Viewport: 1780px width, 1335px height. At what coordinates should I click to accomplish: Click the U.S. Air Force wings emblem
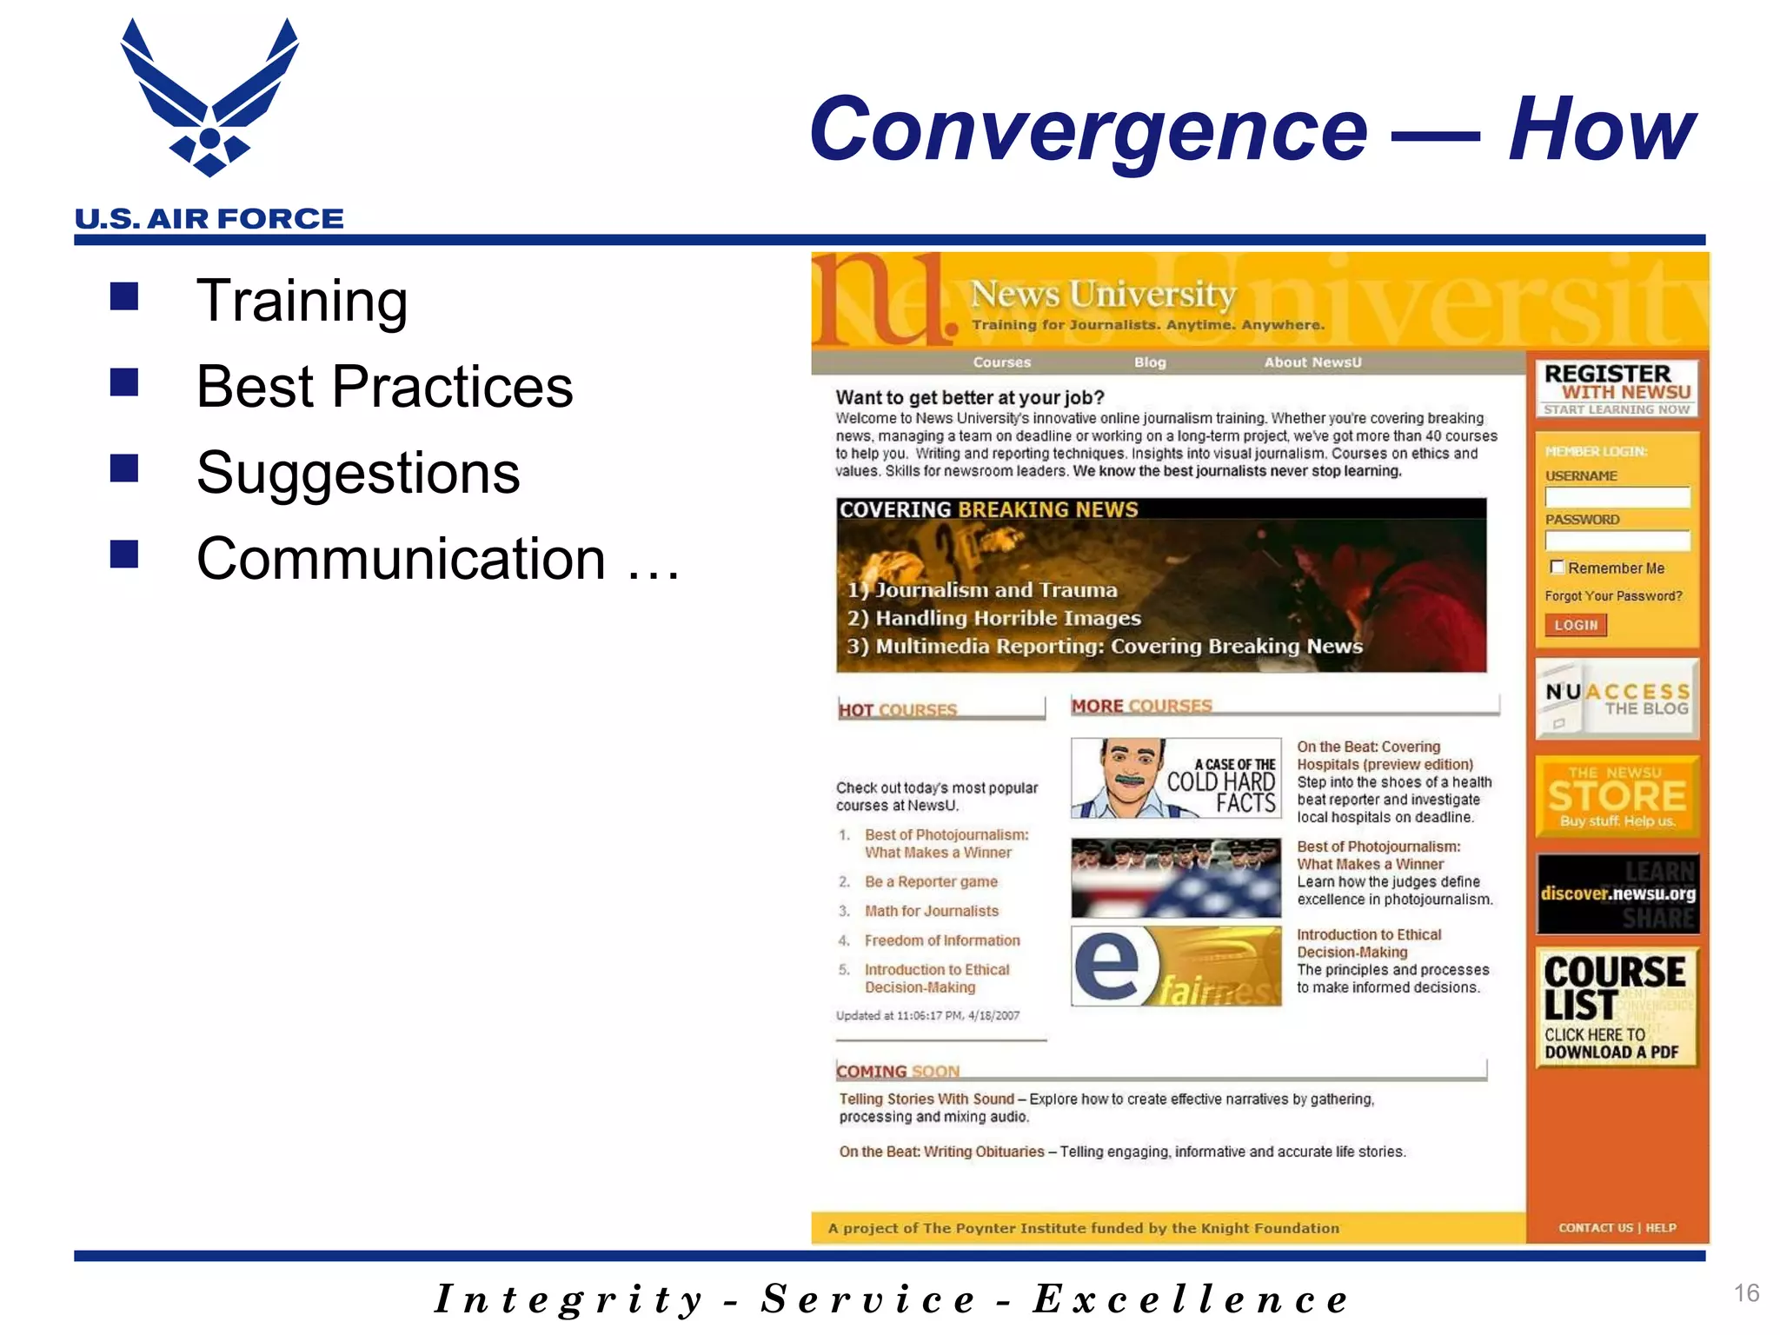pos(209,97)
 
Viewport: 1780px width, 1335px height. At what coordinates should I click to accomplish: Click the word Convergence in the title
pos(1088,130)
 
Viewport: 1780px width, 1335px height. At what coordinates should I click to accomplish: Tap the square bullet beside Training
pos(124,296)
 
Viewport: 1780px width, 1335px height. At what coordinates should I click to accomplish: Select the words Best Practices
pos(384,387)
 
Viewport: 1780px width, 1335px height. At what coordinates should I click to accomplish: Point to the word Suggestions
pos(358,473)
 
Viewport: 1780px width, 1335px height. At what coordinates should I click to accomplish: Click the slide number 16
pos(1746,1292)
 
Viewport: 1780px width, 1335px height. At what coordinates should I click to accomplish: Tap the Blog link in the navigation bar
pos(1149,362)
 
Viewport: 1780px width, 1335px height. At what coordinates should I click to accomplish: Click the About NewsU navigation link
pos(1312,362)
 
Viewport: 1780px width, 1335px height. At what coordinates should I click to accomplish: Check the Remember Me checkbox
pos(1557,567)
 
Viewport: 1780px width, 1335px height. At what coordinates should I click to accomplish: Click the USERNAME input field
pos(1617,497)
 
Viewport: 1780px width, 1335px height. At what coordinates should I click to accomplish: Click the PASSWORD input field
pos(1617,541)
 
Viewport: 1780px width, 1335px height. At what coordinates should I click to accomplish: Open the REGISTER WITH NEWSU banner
pos(1617,389)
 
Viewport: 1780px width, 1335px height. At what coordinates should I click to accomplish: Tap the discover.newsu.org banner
pos(1617,893)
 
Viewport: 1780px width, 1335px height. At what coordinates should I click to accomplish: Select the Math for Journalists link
pos(931,911)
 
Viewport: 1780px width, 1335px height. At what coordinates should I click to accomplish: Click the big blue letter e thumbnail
pos(1107,965)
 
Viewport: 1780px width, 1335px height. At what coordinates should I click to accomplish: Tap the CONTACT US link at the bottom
pos(1596,1227)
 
